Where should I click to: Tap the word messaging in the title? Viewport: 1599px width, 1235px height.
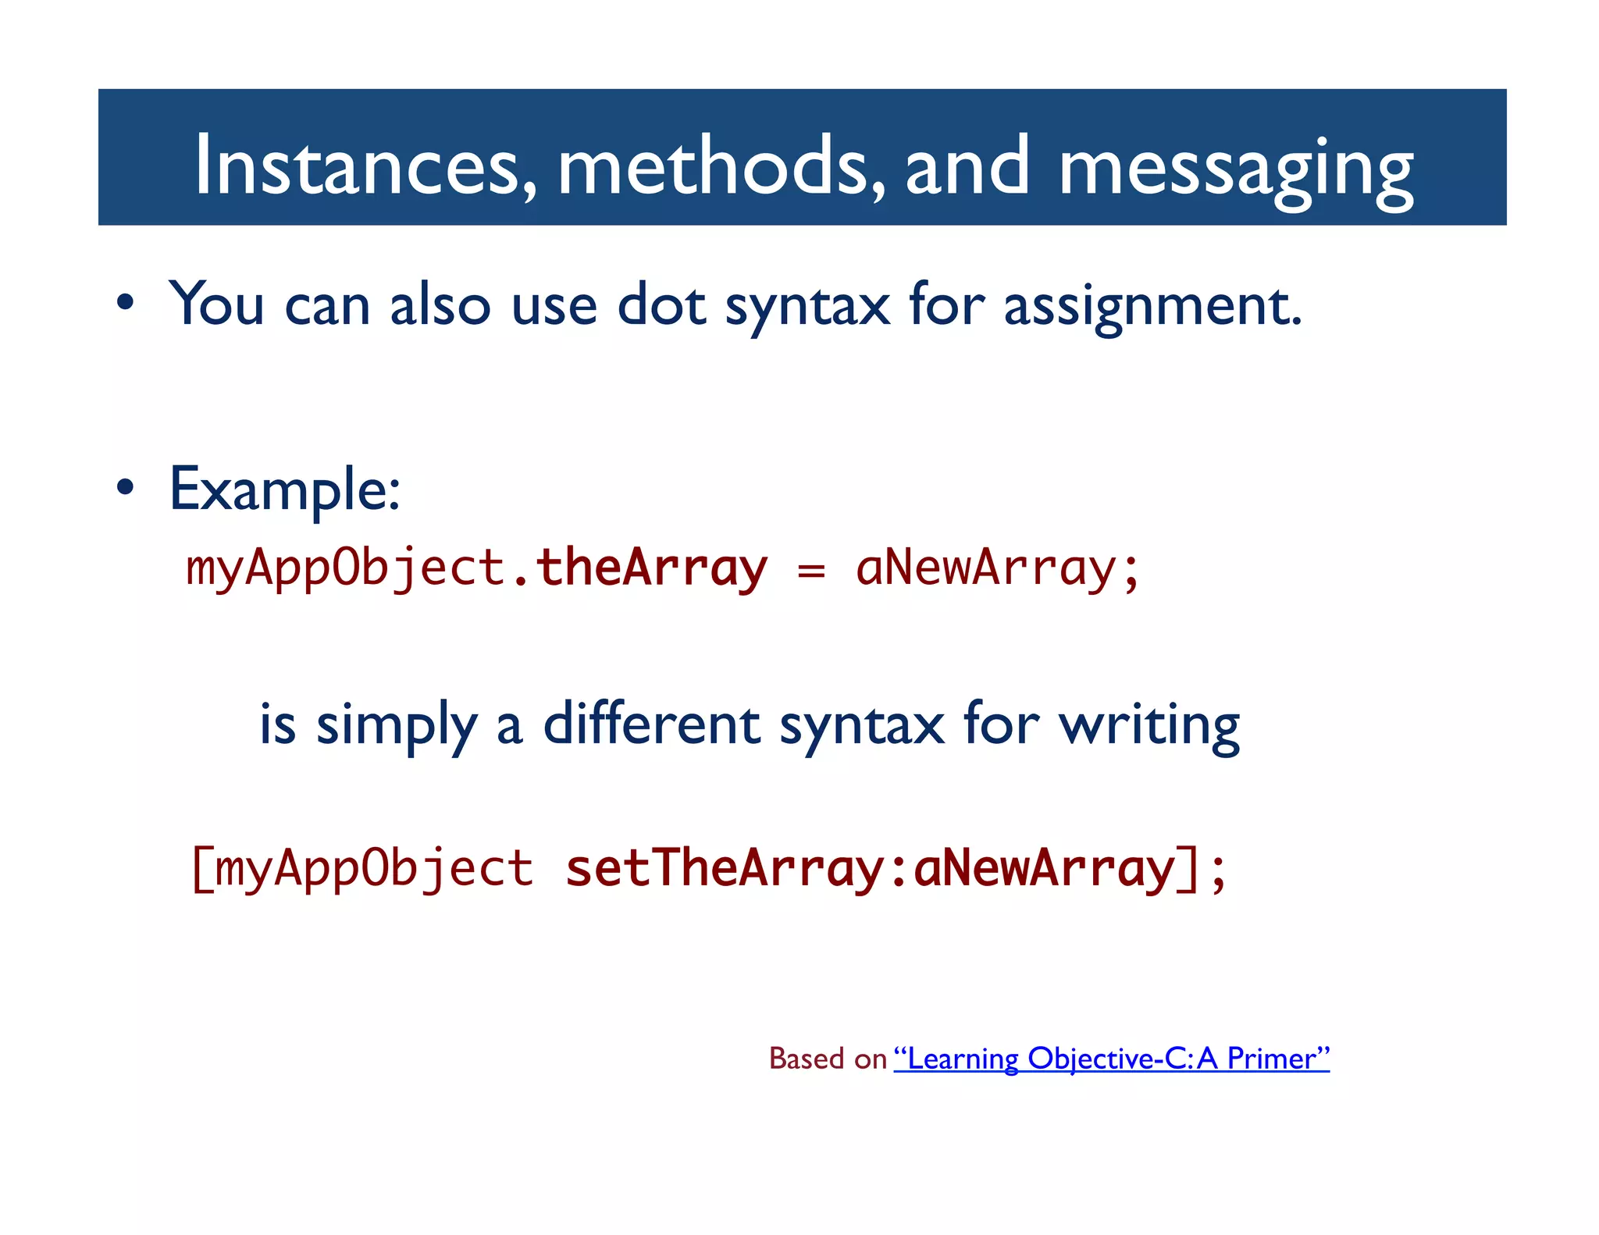1236,168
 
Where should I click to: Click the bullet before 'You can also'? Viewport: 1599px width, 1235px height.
125,304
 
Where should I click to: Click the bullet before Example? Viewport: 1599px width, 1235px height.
125,488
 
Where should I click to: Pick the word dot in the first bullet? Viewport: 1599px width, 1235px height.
661,304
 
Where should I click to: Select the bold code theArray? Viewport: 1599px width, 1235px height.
651,568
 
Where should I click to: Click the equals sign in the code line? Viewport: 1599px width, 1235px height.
811,571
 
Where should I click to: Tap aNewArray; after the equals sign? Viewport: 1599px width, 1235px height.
997,568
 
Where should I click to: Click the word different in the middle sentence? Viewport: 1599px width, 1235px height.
651,724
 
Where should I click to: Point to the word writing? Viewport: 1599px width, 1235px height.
1149,726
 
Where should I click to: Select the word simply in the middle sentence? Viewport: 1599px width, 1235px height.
396,726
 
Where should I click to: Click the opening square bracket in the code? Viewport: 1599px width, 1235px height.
201,869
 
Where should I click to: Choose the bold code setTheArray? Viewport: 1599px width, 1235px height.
724,869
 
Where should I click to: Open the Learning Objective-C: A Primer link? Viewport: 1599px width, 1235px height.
1111,1059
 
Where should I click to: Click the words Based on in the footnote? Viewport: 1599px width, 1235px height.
828,1059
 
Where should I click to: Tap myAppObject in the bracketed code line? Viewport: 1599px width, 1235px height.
373,869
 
